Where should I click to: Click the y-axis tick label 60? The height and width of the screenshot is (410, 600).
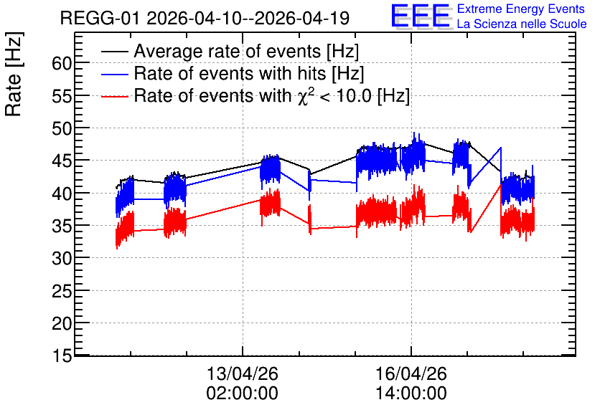[62, 63]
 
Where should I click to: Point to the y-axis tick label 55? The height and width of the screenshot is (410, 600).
[62, 96]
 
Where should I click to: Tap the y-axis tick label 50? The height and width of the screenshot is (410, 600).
[62, 128]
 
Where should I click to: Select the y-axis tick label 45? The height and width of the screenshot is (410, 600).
[62, 161]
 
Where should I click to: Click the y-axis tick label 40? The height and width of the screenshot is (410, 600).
[62, 194]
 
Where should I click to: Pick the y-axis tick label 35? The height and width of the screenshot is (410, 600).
[62, 226]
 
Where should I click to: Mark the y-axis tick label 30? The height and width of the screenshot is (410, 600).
[62, 259]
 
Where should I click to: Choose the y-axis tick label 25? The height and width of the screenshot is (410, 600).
[62, 291]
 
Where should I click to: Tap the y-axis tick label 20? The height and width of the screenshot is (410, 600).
[62, 324]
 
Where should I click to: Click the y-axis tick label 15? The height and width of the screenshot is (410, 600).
[62, 356]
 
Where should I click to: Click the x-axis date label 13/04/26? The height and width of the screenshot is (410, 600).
[242, 373]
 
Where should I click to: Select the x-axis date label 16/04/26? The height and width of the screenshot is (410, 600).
[411, 373]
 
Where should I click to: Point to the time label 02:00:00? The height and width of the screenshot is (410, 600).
[242, 393]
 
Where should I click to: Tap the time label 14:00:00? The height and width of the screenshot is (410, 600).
[411, 393]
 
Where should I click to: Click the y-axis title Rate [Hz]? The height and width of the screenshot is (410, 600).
[14, 74]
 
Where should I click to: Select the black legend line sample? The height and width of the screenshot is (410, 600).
[114, 52]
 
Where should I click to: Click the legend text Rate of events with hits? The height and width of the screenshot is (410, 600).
[230, 73]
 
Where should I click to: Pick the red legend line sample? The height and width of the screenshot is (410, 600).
[114, 96]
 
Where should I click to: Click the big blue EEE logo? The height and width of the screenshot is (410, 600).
[420, 16]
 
